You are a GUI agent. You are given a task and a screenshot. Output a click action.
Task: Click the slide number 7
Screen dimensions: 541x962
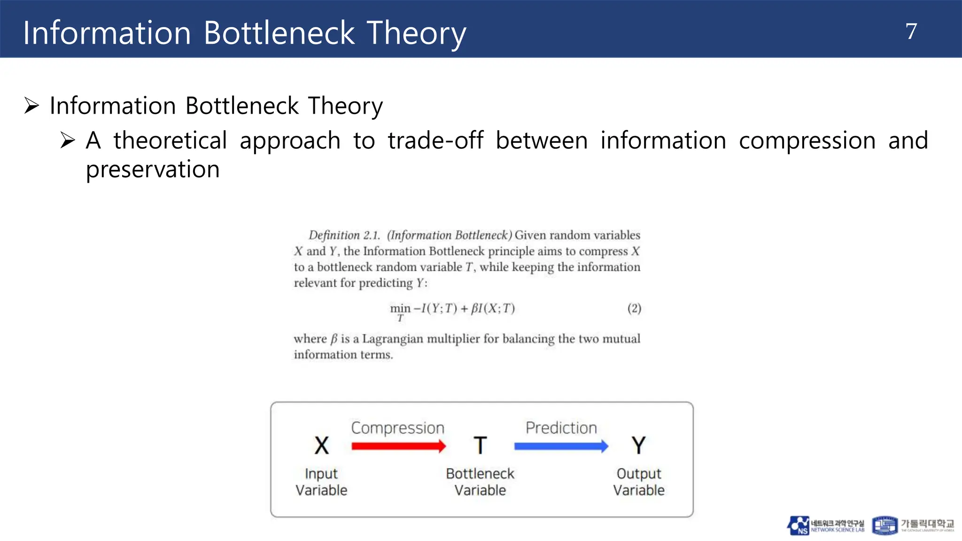tap(911, 31)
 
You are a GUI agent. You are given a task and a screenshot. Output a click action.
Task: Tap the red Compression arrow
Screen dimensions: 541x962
tap(398, 446)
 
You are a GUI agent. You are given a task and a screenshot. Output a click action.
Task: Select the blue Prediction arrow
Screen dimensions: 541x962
tap(561, 446)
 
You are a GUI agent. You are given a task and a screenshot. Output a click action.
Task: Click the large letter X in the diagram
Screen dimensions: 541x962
tap(322, 445)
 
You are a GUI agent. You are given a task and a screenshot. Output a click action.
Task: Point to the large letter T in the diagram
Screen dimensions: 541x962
tap(480, 445)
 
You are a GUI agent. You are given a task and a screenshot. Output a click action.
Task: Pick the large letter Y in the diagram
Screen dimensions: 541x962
tap(638, 445)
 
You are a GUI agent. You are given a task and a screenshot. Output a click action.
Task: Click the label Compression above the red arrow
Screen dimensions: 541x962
tap(397, 428)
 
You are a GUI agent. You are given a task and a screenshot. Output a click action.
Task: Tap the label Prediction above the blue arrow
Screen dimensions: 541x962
tap(561, 428)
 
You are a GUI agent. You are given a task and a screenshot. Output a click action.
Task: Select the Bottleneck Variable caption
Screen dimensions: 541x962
tap(480, 482)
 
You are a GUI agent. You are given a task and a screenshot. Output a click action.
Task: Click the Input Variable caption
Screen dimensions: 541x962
tap(322, 482)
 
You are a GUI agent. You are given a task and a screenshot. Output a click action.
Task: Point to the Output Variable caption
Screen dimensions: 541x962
tap(639, 482)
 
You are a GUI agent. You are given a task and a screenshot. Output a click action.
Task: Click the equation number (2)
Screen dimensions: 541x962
tap(634, 309)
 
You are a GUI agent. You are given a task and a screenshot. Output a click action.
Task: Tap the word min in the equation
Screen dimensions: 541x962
tap(400, 309)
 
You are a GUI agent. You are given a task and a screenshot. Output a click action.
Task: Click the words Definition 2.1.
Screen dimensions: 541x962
tap(344, 235)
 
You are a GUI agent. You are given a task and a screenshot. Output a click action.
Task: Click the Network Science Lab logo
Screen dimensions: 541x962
tap(825, 526)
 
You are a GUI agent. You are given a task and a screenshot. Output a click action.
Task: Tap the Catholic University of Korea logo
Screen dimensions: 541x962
tap(913, 526)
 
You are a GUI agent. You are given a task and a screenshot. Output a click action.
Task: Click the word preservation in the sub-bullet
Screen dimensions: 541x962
tap(153, 170)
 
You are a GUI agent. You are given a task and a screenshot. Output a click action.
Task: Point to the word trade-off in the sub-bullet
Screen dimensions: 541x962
tap(435, 141)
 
